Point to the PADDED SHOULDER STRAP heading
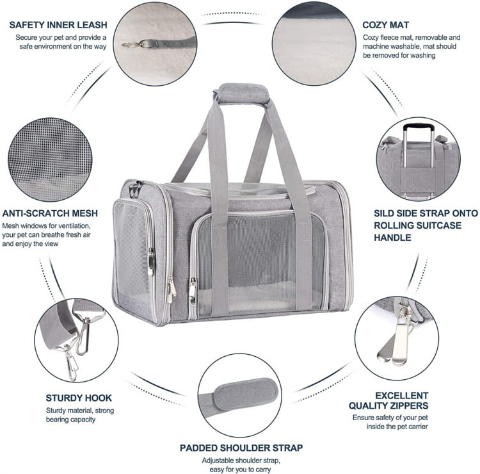[242, 447]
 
